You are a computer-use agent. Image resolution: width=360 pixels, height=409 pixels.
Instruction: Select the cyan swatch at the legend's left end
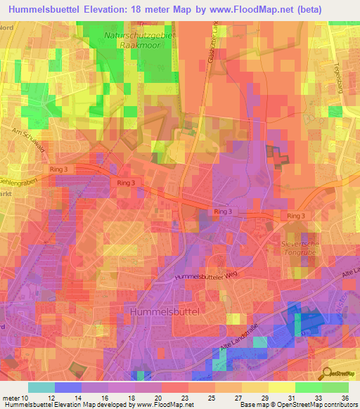coord(41,387)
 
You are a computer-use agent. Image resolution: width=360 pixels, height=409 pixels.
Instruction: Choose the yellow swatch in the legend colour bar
coord(281,387)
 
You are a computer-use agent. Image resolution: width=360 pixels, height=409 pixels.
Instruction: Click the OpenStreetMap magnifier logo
coord(326,373)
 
